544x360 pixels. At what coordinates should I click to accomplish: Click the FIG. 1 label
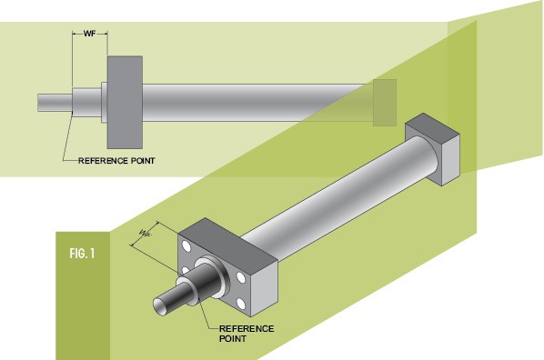click(x=82, y=254)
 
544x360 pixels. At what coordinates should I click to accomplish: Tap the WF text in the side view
click(x=89, y=34)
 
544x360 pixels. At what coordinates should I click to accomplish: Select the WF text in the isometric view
click(x=146, y=233)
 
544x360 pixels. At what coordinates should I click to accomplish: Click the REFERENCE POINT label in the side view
click(x=116, y=161)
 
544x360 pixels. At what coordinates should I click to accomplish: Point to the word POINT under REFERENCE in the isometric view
click(x=233, y=338)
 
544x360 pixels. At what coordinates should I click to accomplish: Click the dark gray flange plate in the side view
click(x=125, y=103)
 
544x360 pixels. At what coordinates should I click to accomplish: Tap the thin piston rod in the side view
click(x=55, y=103)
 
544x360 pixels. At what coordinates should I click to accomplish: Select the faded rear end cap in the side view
click(x=385, y=103)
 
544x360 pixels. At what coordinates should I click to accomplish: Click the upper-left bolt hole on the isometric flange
click(x=186, y=245)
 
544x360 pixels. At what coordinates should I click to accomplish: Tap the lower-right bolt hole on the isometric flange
click(x=241, y=305)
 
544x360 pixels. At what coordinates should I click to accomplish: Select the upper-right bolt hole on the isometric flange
click(x=241, y=277)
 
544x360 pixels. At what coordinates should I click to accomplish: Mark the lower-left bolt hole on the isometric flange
click(x=186, y=270)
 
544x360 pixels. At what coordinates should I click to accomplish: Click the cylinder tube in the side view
click(x=257, y=103)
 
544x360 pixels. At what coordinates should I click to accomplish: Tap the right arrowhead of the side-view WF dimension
click(x=106, y=34)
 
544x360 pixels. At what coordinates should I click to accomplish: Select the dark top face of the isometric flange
click(x=227, y=239)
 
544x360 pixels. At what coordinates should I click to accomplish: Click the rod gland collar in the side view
click(x=86, y=103)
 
